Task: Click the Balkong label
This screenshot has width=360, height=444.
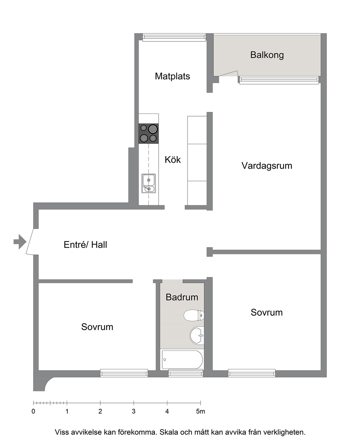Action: click(267, 55)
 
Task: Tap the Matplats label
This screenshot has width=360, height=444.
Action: click(172, 76)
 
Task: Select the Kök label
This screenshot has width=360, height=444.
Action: click(172, 160)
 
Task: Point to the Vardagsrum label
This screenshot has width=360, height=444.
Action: click(267, 166)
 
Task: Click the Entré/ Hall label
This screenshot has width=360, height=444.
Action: click(85, 244)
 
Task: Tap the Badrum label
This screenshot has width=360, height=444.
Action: click(182, 297)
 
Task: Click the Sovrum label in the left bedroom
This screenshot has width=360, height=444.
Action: click(97, 327)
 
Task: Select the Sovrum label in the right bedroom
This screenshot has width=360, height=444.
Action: click(267, 312)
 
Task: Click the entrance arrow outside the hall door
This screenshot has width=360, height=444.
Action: click(20, 242)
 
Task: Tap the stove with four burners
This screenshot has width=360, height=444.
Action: click(148, 133)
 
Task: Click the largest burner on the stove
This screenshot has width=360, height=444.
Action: click(153, 129)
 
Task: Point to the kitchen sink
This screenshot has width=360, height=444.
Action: click(148, 184)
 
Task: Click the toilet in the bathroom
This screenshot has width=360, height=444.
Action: click(194, 315)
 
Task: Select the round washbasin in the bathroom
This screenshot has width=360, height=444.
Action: click(197, 336)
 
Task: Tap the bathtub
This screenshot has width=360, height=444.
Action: click(182, 360)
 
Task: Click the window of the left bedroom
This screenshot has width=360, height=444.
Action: click(124, 373)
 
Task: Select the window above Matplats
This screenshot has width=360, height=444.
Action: click(174, 37)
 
